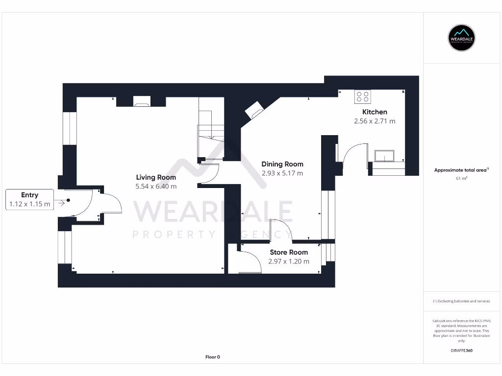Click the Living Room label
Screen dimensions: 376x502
pyautogui.click(x=156, y=177)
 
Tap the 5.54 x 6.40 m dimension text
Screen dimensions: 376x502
pyautogui.click(x=156, y=187)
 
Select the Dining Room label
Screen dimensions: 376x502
pyautogui.click(x=282, y=164)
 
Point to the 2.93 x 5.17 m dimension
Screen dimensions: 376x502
pyautogui.click(x=282, y=173)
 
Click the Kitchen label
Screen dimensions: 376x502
pyautogui.click(x=375, y=112)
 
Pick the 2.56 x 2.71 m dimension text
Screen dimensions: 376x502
pyautogui.click(x=375, y=121)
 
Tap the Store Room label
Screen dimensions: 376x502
pyautogui.click(x=289, y=252)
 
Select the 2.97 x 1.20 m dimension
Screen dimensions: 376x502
pyautogui.click(x=289, y=261)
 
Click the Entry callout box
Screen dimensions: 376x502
pyautogui.click(x=29, y=200)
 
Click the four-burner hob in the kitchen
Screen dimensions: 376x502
pyautogui.click(x=363, y=97)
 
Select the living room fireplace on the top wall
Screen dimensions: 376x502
pyautogui.click(x=142, y=102)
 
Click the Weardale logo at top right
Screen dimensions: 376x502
pyautogui.click(x=461, y=38)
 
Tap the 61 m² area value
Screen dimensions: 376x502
pyautogui.click(x=461, y=179)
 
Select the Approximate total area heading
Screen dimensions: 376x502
pyautogui.click(x=461, y=170)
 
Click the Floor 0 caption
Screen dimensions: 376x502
pyautogui.click(x=212, y=357)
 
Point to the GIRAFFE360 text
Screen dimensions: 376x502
pyautogui.click(x=461, y=351)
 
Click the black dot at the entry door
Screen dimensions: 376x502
pyautogui.click(x=69, y=200)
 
